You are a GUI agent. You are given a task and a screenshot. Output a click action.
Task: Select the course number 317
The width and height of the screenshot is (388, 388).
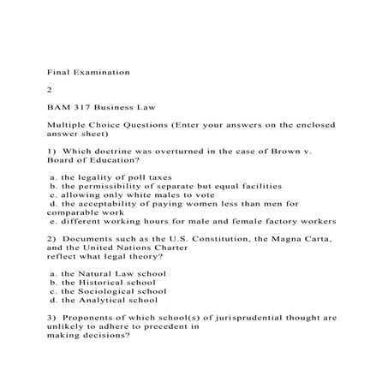(89, 108)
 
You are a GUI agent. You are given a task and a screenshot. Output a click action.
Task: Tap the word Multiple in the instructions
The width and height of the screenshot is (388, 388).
(70, 125)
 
